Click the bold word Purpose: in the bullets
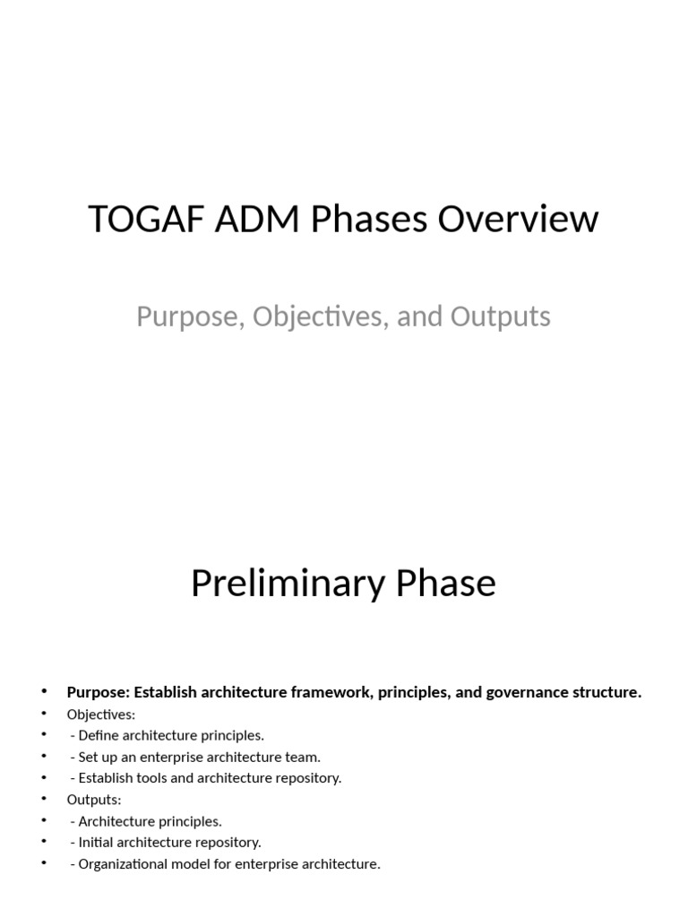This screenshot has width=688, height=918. point(98,692)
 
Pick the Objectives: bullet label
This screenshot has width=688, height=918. point(101,714)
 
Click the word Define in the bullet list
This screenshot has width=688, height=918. point(99,736)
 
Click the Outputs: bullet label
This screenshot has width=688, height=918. point(94,800)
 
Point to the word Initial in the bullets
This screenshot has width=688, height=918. point(96,843)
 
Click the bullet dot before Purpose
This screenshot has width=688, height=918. point(44,691)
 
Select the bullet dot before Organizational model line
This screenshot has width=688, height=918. point(44,863)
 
